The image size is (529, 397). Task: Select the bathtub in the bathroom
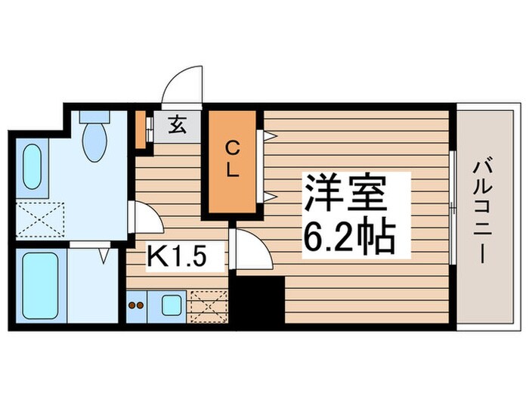coord(40,286)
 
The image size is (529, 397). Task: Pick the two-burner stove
coord(138,306)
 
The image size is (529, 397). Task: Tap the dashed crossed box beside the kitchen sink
coord(209,306)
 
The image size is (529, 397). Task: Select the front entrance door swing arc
coord(183,85)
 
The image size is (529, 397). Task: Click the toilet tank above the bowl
coord(94,118)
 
